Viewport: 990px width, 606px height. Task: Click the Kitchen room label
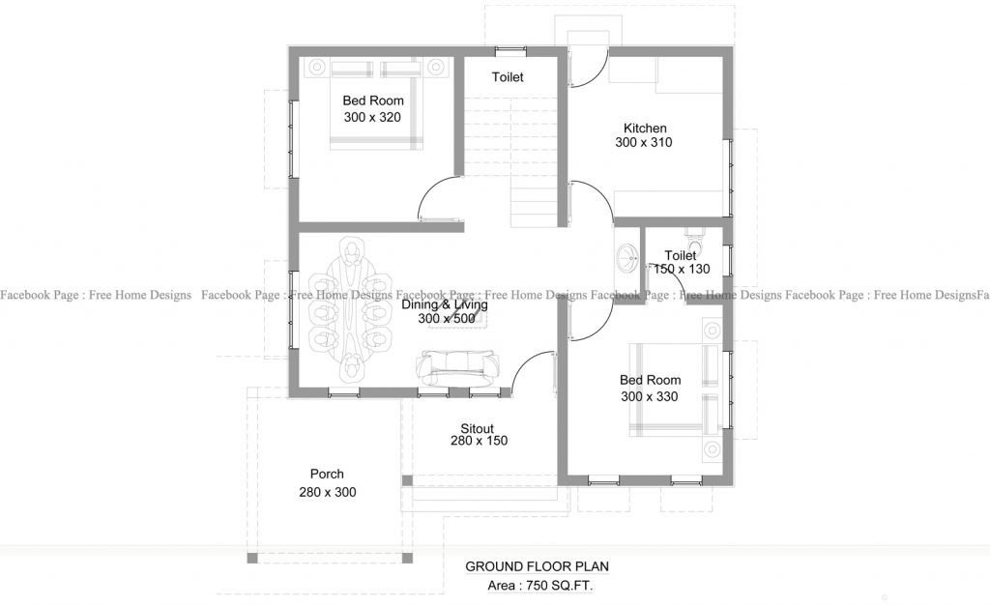[645, 128]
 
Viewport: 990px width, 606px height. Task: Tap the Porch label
[327, 475]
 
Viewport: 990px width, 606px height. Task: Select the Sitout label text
[477, 428]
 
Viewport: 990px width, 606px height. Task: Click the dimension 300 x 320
[372, 117]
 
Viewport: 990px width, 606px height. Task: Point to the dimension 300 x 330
[649, 396]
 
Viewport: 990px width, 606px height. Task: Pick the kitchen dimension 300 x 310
[643, 143]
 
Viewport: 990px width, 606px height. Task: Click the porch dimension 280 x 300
[328, 492]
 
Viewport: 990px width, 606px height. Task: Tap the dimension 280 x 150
[479, 441]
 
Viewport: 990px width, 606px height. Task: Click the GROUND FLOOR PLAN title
[538, 566]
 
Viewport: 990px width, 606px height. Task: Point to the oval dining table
[351, 311]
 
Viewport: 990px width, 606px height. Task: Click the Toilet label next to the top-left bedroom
[508, 77]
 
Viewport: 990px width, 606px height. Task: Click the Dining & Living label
[445, 304]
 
